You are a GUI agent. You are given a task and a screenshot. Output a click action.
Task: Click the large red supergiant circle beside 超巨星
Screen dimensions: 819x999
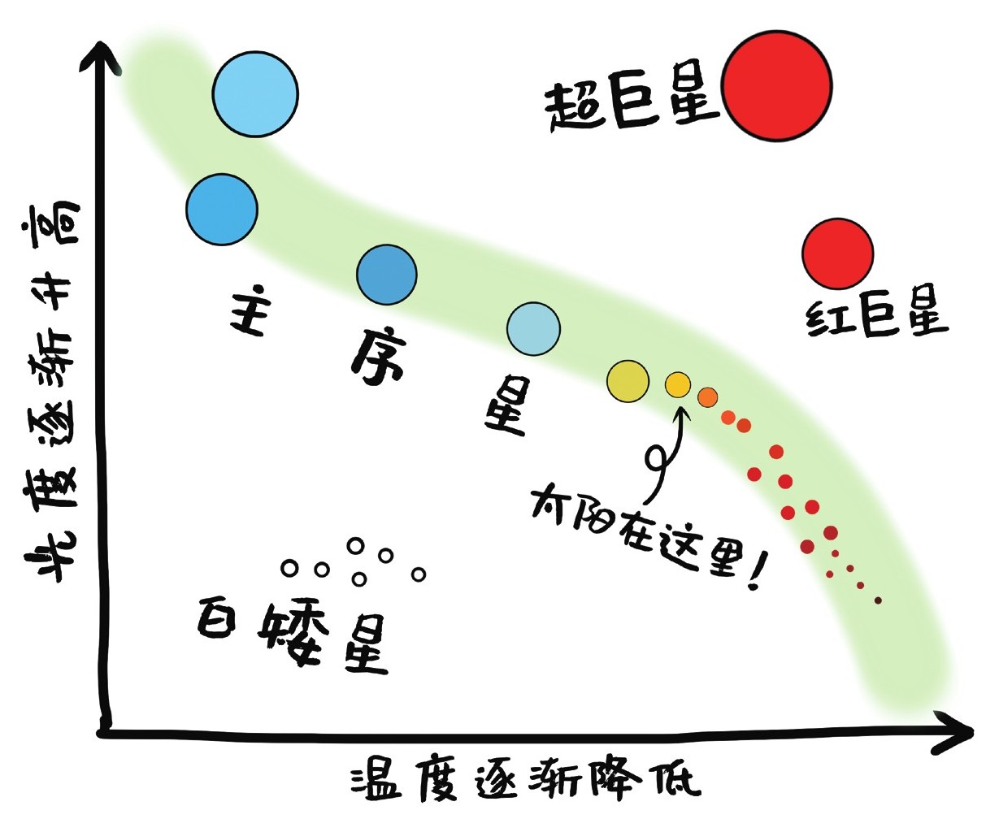[777, 87]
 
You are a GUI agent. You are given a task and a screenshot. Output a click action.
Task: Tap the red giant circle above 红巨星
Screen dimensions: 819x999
[837, 253]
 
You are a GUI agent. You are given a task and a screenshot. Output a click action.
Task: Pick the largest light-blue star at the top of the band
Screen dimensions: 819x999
[255, 93]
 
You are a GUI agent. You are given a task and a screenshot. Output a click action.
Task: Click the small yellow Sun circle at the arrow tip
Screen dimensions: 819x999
[678, 383]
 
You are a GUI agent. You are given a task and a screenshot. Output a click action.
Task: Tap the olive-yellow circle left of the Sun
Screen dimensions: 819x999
[628, 381]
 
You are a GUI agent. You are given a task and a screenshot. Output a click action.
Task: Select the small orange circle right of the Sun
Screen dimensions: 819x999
[707, 396]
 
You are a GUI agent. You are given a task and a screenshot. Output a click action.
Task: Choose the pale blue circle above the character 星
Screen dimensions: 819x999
[533, 329]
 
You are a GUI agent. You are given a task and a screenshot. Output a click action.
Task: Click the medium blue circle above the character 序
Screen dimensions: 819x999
[387, 275]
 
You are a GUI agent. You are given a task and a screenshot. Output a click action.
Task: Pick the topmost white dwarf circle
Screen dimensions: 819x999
[355, 546]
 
